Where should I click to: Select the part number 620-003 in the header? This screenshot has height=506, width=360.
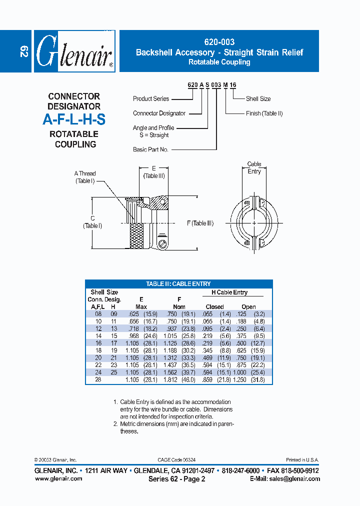(x=219, y=42)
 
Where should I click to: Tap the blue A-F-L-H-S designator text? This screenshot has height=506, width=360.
(x=73, y=120)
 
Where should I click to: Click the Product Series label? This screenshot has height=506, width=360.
(x=151, y=99)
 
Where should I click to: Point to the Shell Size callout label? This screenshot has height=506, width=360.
(x=258, y=99)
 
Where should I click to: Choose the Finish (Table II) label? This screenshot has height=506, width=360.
(x=264, y=113)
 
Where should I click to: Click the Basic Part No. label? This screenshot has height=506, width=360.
(x=150, y=149)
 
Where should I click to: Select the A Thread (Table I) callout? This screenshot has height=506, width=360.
(x=85, y=177)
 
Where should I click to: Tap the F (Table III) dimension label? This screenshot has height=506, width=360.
(x=200, y=223)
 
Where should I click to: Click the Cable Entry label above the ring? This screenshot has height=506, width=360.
(x=254, y=167)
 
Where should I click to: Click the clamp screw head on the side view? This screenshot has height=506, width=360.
(x=163, y=243)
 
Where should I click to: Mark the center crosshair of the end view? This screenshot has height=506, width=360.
(x=254, y=222)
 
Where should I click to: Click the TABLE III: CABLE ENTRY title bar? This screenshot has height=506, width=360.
(x=178, y=283)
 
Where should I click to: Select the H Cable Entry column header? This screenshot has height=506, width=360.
(x=229, y=292)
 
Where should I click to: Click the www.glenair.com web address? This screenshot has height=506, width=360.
(x=58, y=478)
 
